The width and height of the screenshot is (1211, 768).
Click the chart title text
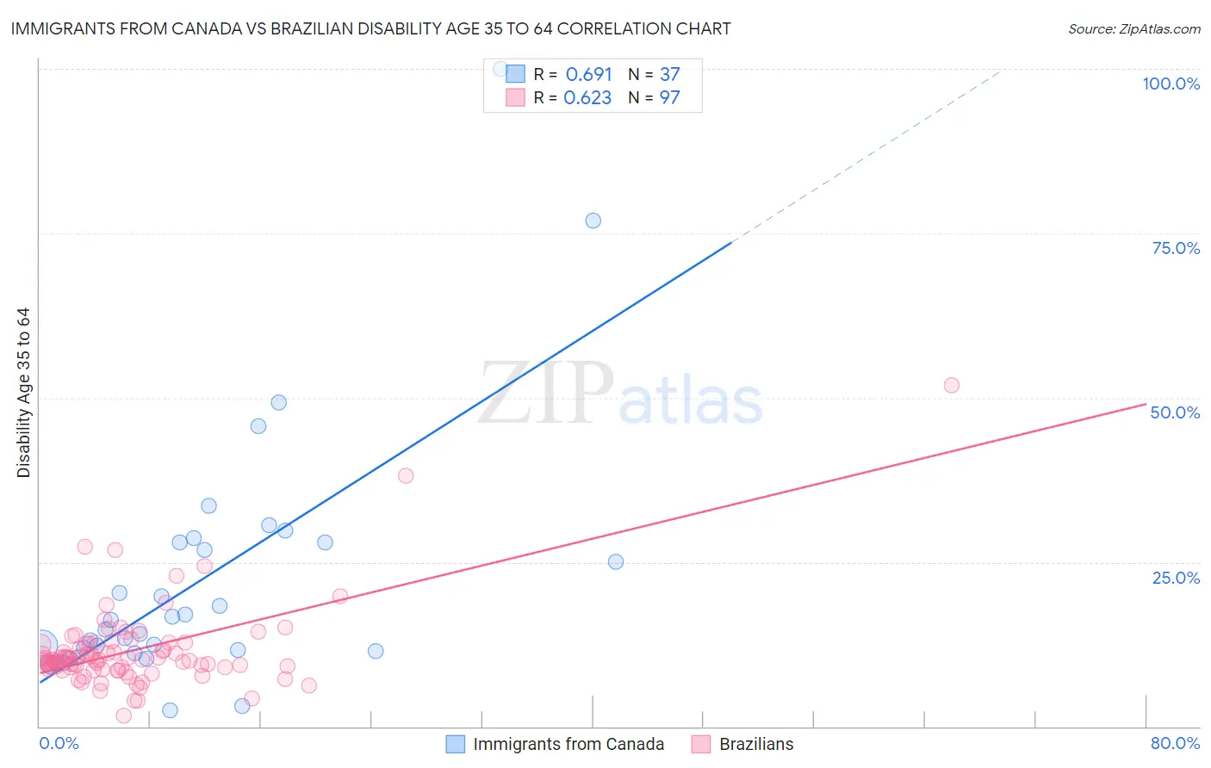click(x=370, y=28)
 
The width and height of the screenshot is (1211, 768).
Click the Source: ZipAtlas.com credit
click(x=1133, y=28)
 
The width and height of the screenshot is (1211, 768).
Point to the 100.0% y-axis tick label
click(x=1171, y=84)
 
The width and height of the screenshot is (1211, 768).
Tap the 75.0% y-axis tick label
click(x=1176, y=248)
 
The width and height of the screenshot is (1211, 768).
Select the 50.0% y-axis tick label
click(x=1175, y=412)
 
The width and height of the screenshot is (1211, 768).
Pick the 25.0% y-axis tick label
click(x=1176, y=577)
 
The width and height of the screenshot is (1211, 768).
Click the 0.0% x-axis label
click(x=59, y=743)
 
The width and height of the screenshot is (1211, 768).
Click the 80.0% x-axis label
click(x=1175, y=743)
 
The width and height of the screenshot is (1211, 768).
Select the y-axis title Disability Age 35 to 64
click(x=23, y=393)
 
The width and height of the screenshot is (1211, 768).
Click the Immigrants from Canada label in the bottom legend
click(x=568, y=744)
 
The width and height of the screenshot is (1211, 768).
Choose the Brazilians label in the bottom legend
click(x=756, y=744)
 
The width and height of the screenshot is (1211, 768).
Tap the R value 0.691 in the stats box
click(x=588, y=75)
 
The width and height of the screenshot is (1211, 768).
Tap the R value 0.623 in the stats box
click(x=587, y=98)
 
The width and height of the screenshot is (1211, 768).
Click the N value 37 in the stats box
click(x=669, y=75)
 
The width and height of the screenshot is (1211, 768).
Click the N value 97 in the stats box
click(x=669, y=98)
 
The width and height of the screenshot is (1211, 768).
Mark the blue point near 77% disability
click(x=593, y=220)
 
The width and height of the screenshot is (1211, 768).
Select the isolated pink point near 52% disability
click(x=951, y=385)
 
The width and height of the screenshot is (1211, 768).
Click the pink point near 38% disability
click(x=406, y=475)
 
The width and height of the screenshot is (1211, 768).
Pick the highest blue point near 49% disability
click(x=278, y=402)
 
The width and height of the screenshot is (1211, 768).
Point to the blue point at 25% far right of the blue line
click(x=615, y=561)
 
